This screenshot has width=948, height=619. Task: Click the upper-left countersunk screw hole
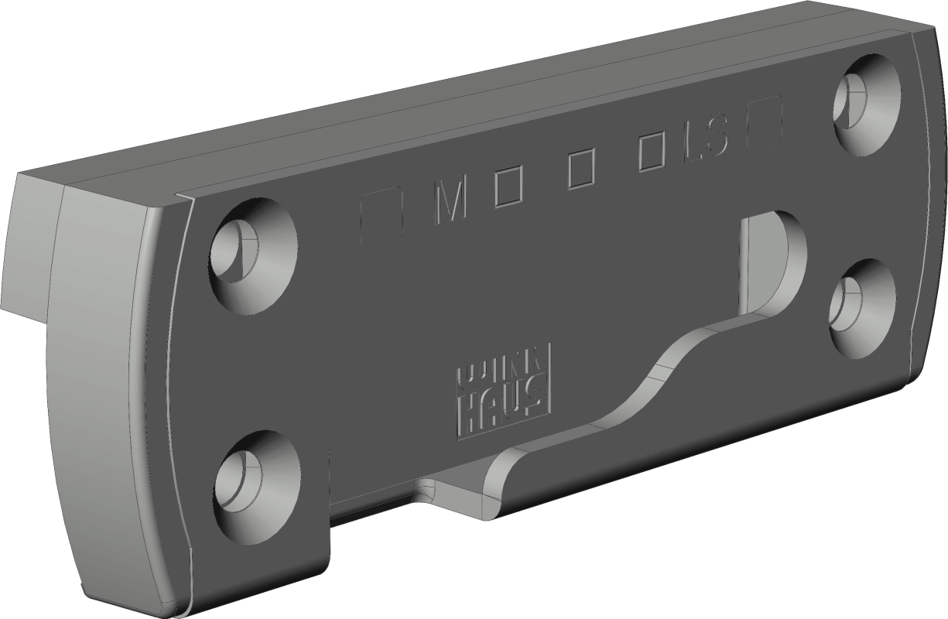pos(253,256)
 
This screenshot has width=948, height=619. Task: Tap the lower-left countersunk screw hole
pos(258,487)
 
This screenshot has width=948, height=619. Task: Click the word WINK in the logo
pos(504,371)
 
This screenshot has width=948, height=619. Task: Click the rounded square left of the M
pos(381,218)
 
